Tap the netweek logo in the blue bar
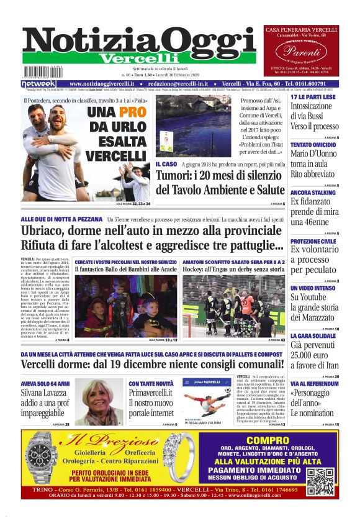click(38, 84)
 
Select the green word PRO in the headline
click(132, 113)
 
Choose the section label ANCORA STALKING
click(314, 193)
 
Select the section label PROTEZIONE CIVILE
click(314, 241)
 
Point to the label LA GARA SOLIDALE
click(313, 335)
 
